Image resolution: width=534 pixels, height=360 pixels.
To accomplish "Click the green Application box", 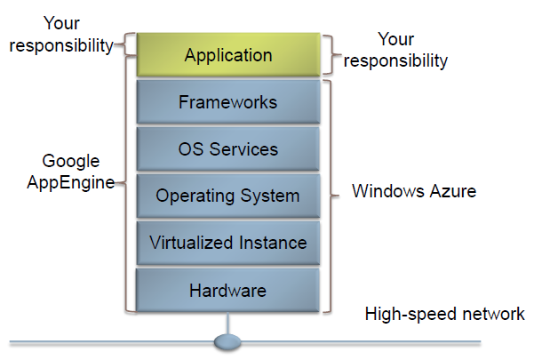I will [227, 55].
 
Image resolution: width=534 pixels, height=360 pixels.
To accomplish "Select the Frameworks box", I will [227, 102].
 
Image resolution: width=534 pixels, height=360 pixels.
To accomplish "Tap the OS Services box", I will [227, 149].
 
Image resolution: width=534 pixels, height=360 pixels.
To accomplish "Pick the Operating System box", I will [227, 196].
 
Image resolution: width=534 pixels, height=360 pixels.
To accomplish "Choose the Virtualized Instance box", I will [227, 243].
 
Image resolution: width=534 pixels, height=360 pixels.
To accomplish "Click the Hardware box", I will [227, 290].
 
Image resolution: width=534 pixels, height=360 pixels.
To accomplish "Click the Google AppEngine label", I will [71, 172].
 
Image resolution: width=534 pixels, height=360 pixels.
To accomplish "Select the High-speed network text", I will [444, 314].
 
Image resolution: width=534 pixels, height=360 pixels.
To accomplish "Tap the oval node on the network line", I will [228, 341].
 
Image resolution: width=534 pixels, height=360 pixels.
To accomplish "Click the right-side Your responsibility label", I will [395, 50].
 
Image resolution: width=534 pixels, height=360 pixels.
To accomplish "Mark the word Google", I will [71, 161].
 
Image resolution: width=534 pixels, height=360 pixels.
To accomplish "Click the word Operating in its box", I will [192, 196].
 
